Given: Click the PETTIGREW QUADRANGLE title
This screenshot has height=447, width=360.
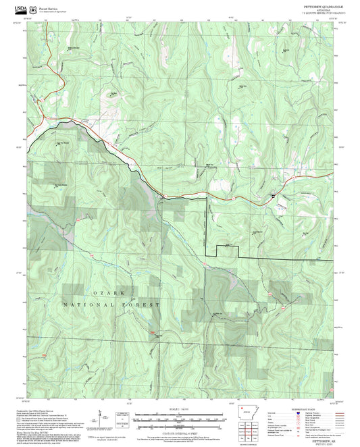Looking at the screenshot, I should pos(318,5).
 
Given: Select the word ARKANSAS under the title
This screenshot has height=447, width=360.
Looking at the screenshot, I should pos(318,9).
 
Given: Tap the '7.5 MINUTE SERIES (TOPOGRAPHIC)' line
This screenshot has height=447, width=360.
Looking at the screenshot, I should pos(318,14).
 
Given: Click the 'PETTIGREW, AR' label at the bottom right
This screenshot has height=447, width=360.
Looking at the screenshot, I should pos(318,439).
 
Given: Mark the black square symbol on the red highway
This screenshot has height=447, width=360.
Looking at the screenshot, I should pos(272,196).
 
